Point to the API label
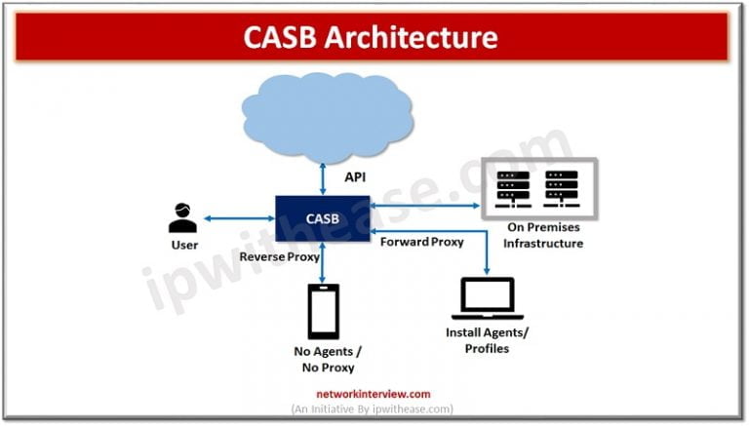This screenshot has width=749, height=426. coord(356,177)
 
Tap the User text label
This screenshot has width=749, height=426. coord(184,245)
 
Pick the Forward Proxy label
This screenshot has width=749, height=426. coord(421,242)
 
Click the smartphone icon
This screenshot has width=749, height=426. coord(323,311)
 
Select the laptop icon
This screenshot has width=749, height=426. coord(488,298)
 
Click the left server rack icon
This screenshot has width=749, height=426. coord(513,188)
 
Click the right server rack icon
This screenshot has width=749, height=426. coord(561,188)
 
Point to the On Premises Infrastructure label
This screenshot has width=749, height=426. coord(542,235)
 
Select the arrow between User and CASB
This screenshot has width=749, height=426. coord(239,218)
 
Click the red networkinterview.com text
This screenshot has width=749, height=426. coord(373,394)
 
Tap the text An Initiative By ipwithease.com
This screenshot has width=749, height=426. coord(373,409)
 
